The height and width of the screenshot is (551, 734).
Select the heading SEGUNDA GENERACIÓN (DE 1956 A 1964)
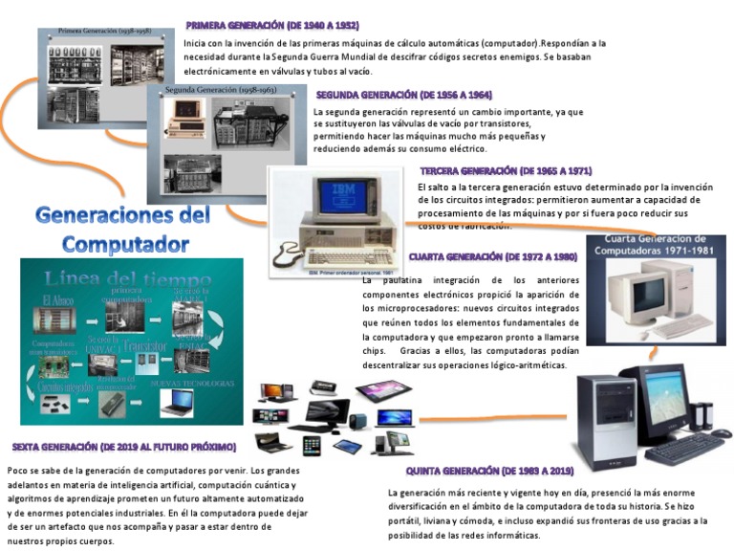click(x=404, y=96)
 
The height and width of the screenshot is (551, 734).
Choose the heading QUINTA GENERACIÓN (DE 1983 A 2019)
click(x=489, y=472)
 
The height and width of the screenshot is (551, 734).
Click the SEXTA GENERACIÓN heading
click(x=123, y=447)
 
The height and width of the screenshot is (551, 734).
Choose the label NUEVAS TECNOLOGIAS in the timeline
click(x=192, y=384)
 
